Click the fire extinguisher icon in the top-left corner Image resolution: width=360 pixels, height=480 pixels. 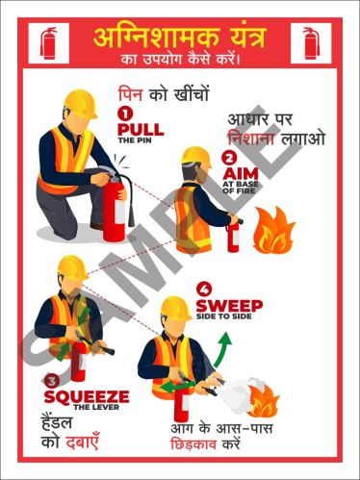pyautogui.click(x=49, y=43)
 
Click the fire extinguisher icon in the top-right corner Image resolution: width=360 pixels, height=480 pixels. pyautogui.click(x=311, y=43)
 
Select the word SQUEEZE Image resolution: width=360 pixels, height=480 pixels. pyautogui.click(x=86, y=396)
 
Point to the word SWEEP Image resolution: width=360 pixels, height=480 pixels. pyautogui.click(x=229, y=306)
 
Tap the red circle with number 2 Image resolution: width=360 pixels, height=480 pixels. pyautogui.click(x=228, y=158)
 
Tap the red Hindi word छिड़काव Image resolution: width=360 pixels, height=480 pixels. pyautogui.click(x=196, y=445)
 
